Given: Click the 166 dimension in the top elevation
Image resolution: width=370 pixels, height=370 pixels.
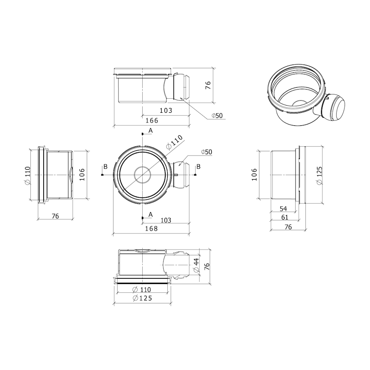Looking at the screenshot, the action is [152, 120].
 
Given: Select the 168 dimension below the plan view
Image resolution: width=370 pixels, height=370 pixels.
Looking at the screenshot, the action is [151, 229].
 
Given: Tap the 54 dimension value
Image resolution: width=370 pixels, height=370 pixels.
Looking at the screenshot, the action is [283, 208].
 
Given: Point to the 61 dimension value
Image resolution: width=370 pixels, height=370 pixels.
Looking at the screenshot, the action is [284, 217].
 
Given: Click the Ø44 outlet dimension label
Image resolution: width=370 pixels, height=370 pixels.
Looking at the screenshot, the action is [196, 266].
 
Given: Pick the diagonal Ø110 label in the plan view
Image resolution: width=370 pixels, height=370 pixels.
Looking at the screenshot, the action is [174, 142].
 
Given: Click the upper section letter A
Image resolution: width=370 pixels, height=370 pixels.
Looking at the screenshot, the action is [150, 130].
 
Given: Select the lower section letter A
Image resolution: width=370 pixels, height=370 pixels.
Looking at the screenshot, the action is [150, 215].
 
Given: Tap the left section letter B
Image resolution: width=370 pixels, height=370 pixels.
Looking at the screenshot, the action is [106, 166].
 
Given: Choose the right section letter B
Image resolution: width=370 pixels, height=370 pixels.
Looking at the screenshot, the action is [199, 166].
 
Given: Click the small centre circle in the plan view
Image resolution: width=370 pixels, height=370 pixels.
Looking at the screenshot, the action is [142, 175].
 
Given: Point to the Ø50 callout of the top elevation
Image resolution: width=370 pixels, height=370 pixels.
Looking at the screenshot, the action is [217, 116].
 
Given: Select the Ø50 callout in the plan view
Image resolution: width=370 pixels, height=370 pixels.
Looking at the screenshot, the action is [207, 152].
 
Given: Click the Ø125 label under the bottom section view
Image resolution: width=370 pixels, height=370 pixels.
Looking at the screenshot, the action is [142, 298].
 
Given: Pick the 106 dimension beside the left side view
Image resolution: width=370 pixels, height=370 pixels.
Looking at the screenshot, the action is [82, 174].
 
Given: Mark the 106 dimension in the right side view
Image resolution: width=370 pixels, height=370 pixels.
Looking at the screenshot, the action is [254, 174].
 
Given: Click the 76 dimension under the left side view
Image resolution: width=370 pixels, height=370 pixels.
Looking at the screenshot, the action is [55, 216].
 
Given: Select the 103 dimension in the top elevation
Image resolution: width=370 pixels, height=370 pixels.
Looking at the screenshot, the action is [166, 111].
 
